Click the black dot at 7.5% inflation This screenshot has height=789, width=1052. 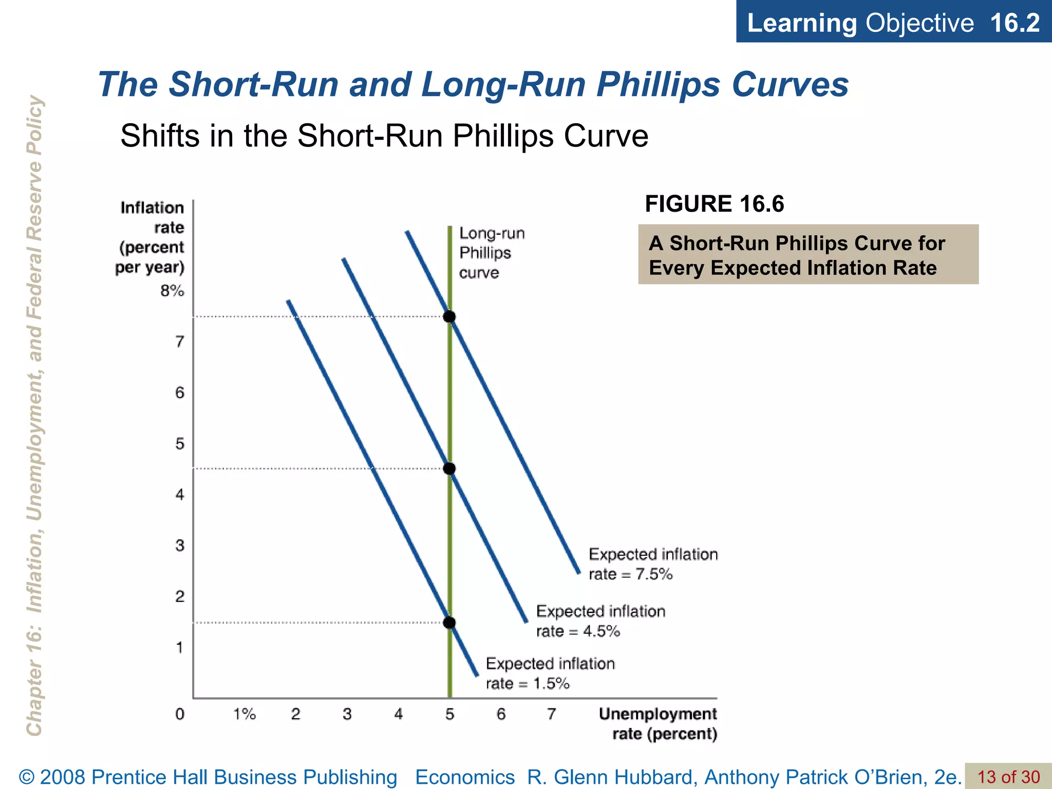coord(449,316)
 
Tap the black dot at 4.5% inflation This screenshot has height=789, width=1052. coord(449,468)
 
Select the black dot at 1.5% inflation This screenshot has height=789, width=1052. coord(449,623)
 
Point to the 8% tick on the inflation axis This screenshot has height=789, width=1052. coord(172,291)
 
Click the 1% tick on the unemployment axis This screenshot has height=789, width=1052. coord(245,714)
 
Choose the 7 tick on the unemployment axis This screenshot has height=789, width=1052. coord(551,714)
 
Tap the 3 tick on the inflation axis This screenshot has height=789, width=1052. coord(179,545)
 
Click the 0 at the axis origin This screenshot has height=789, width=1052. coord(179,714)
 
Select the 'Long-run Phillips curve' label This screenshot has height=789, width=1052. coord(492,253)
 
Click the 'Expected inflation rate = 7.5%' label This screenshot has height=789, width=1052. coord(653,564)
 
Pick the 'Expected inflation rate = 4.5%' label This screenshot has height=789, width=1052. coord(600,621)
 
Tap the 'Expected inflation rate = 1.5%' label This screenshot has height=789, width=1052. coord(550,673)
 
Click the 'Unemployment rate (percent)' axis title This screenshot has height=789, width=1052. coord(658,724)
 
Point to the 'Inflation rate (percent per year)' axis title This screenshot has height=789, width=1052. coord(151,237)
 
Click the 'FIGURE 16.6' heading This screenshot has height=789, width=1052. coord(715,204)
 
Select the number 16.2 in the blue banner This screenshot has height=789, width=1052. coord(1015,23)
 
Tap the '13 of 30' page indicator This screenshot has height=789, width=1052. coord(1008,777)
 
